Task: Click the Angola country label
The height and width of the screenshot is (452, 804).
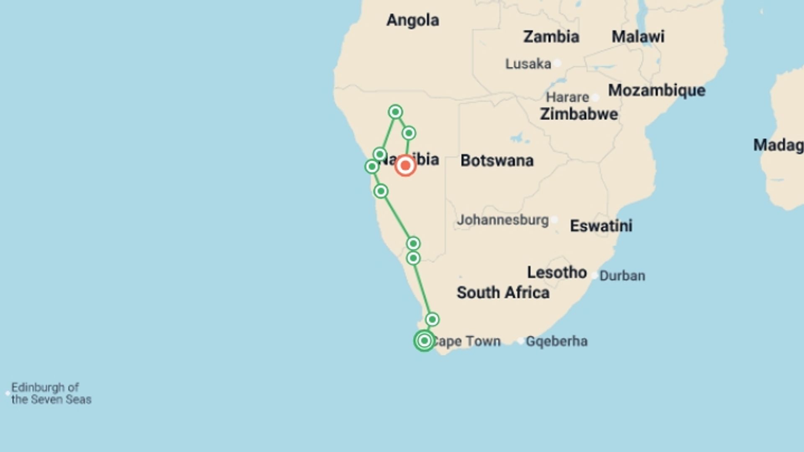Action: [x=412, y=20]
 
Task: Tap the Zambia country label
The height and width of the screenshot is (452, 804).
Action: [x=551, y=37]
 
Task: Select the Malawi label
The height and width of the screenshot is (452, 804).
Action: [x=638, y=37]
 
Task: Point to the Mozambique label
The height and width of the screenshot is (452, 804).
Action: [x=657, y=90]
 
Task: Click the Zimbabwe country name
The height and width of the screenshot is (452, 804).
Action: [x=579, y=114]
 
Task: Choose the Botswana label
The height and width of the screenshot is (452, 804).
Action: [x=497, y=161]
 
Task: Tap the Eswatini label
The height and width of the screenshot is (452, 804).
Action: [x=601, y=226]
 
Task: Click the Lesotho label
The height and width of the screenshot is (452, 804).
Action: [x=557, y=272]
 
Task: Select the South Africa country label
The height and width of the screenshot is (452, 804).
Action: [x=503, y=293]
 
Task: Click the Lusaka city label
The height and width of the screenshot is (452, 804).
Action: [x=528, y=64]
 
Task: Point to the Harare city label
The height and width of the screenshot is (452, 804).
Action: [x=567, y=98]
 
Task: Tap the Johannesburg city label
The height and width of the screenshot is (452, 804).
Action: [x=502, y=220]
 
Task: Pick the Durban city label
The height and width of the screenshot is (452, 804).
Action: [x=622, y=276]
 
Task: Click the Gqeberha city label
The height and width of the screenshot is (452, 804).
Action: [x=557, y=342]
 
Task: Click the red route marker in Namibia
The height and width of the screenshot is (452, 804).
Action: [x=405, y=166]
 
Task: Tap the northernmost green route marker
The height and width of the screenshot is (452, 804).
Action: [x=395, y=112]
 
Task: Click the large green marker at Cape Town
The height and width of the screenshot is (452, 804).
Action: [x=424, y=341]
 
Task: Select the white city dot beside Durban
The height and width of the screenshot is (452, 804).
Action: [x=595, y=275]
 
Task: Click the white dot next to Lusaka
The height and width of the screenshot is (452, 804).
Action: [x=557, y=64]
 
